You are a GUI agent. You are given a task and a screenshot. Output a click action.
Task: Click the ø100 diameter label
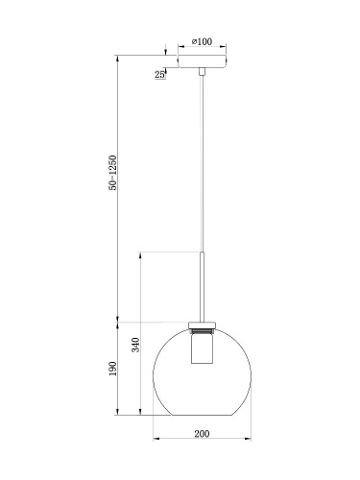click(203, 42)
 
